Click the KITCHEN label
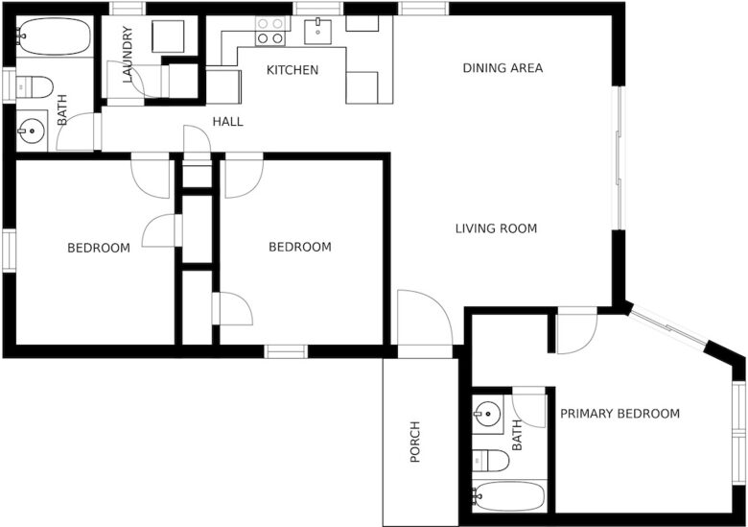(292, 70)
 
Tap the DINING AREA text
(503, 68)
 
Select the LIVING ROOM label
(496, 228)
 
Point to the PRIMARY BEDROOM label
(619, 414)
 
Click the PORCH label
(415, 442)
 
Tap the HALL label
(227, 122)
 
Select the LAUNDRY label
(128, 55)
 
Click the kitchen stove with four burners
(270, 31)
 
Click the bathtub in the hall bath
(54, 36)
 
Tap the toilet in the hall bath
(35, 87)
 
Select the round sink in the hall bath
(32, 130)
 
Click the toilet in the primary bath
(490, 461)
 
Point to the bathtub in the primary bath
(508, 496)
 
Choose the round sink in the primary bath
(487, 413)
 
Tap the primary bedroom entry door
(577, 333)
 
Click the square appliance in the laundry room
(168, 36)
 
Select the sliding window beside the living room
(619, 158)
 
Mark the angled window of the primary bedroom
(668, 326)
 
